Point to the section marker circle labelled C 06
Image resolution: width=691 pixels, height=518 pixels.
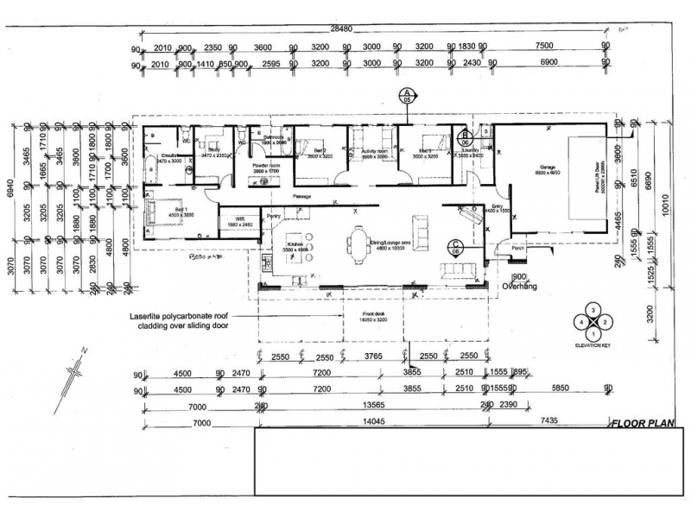point(455,246)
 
